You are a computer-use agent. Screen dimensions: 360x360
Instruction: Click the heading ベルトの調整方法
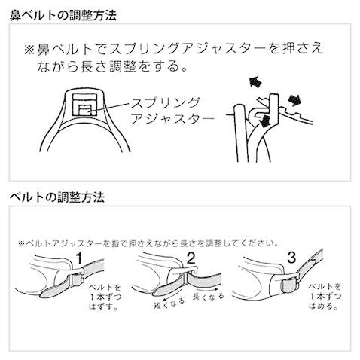(x=52, y=197)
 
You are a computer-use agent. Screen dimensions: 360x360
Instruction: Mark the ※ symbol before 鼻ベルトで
(x=30, y=50)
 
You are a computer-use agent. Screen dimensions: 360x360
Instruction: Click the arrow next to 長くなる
(x=208, y=287)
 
